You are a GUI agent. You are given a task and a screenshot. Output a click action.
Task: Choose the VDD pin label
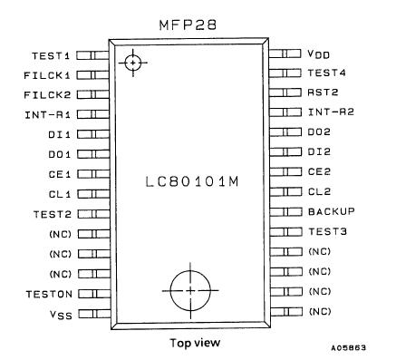(x=320, y=54)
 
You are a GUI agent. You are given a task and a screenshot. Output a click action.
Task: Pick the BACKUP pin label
(x=330, y=211)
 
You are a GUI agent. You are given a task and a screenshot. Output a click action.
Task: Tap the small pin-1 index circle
(x=133, y=63)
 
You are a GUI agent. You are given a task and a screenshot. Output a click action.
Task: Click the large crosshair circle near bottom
(x=189, y=289)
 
